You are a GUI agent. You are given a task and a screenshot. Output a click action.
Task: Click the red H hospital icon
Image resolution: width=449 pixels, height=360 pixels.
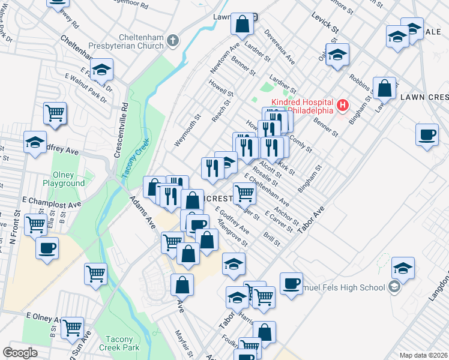click(343, 106)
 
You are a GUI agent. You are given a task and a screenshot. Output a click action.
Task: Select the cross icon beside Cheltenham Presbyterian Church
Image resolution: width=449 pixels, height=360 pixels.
click(173, 41)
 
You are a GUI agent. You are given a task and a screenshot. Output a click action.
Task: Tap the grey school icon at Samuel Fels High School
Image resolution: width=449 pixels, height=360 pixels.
click(394, 287)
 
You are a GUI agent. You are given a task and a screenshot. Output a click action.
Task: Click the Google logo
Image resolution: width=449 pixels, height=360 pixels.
click(20, 353)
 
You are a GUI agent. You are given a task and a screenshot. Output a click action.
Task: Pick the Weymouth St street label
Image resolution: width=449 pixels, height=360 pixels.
click(186, 128)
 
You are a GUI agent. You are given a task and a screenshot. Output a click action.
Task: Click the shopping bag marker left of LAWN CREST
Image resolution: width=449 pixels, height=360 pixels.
click(384, 88)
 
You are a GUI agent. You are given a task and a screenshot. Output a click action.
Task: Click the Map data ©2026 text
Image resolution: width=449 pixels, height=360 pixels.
click(423, 355)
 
